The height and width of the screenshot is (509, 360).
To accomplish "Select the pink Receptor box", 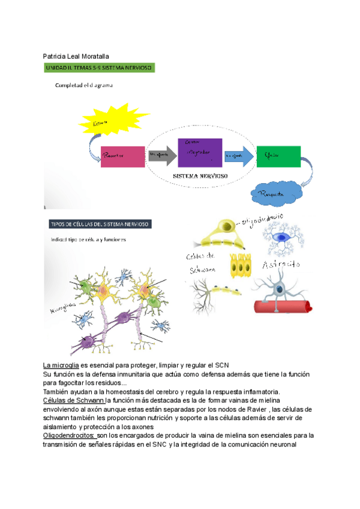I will [x=122, y=156].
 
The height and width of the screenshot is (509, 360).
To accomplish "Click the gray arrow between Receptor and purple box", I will [x=161, y=155].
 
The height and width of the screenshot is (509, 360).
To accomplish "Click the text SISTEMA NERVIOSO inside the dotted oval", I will [x=200, y=177].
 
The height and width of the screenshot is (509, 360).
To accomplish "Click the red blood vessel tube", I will [x=281, y=306].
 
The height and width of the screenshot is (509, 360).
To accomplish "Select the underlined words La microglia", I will [x=61, y=366].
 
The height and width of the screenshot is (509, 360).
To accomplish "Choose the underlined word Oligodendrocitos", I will [x=69, y=435].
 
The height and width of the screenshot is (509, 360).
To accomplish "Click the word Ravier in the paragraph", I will [x=259, y=409].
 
